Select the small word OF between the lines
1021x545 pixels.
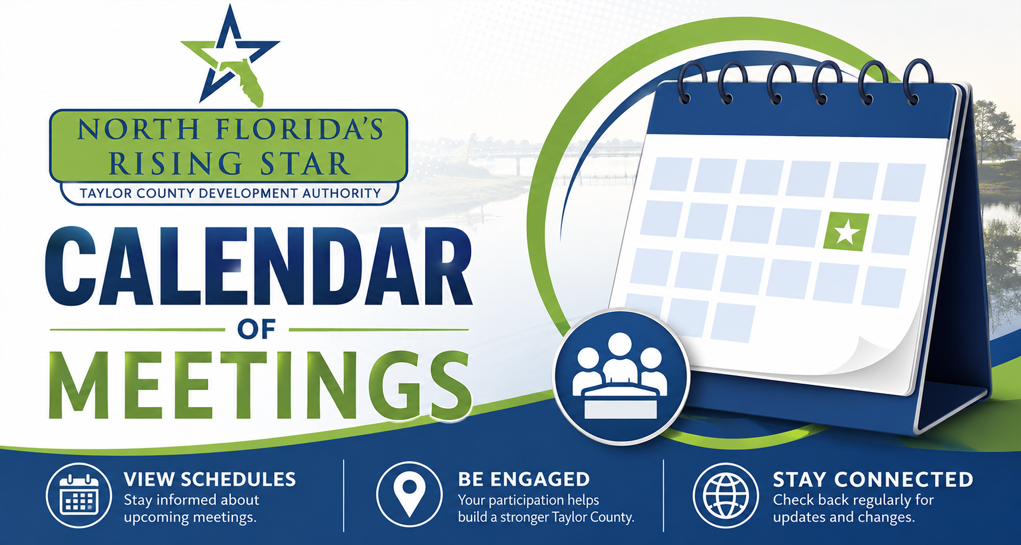click(x=256, y=329)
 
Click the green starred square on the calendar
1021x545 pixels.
click(x=846, y=231)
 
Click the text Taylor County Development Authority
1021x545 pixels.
click(x=230, y=193)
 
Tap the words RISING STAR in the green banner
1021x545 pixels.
click(x=230, y=164)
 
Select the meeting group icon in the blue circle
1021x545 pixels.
click(x=621, y=376)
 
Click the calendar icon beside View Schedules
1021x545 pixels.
click(x=79, y=496)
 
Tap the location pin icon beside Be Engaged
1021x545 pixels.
click(x=409, y=494)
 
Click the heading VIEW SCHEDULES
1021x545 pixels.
click(x=210, y=480)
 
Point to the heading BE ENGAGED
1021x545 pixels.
click(x=524, y=480)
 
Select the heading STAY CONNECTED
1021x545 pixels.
click(x=873, y=480)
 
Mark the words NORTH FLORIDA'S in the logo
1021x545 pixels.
click(x=231, y=129)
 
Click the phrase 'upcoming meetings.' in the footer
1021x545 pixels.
click(x=190, y=518)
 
